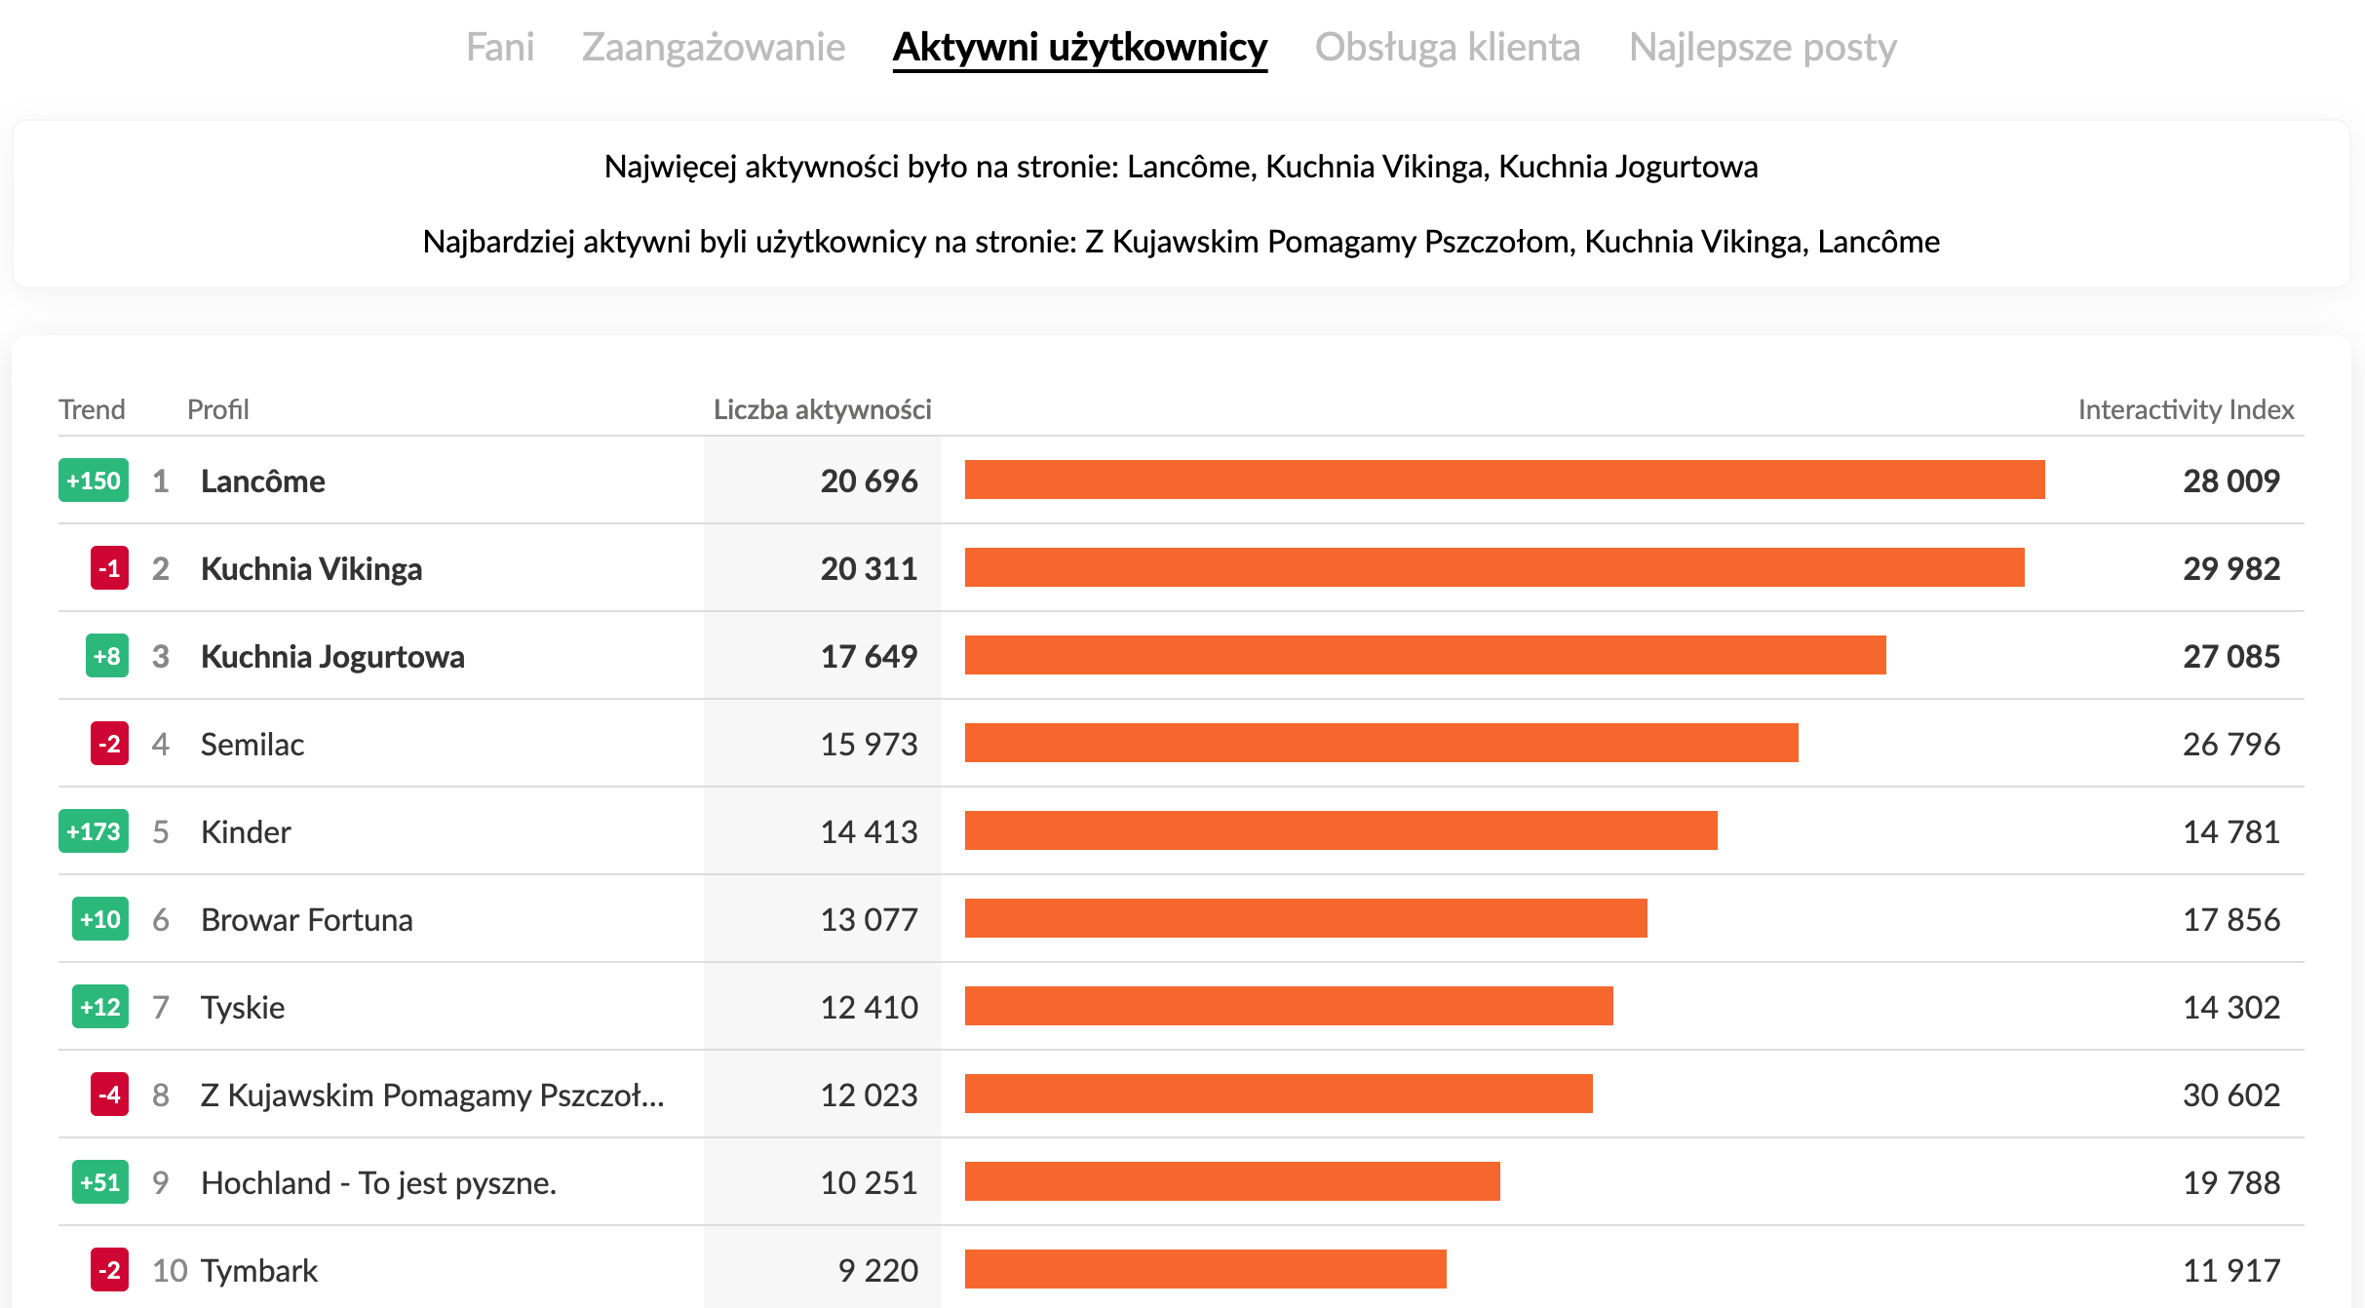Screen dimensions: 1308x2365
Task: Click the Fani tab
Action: coord(500,47)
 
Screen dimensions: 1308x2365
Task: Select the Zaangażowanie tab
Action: coord(714,47)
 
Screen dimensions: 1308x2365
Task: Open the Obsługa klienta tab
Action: coord(1448,47)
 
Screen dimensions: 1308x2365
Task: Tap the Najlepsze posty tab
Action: coord(1763,47)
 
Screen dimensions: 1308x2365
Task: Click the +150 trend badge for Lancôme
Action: coord(94,481)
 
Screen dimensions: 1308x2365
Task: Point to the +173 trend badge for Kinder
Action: coord(94,831)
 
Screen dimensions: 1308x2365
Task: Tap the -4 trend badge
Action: coord(109,1095)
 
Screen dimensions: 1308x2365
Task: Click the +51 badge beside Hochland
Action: coord(100,1182)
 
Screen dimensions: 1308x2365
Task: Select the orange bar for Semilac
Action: coord(1381,743)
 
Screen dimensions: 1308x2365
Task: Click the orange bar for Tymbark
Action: coord(1205,1269)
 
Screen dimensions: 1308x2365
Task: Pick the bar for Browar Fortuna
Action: coord(1305,918)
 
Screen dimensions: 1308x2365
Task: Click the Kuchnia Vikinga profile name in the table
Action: coord(311,569)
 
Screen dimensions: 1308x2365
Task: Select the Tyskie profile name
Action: coord(243,1008)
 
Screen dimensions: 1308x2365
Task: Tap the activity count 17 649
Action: coord(869,657)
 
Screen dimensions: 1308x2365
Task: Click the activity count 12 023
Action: coord(869,1096)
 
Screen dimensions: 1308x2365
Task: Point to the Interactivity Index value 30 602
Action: coord(2230,1096)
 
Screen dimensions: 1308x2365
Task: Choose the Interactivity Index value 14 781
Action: coord(2230,832)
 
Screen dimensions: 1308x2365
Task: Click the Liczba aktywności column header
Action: coord(822,409)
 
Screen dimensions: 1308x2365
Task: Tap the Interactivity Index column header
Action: coord(2186,409)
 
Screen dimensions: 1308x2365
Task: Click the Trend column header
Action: coord(92,409)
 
